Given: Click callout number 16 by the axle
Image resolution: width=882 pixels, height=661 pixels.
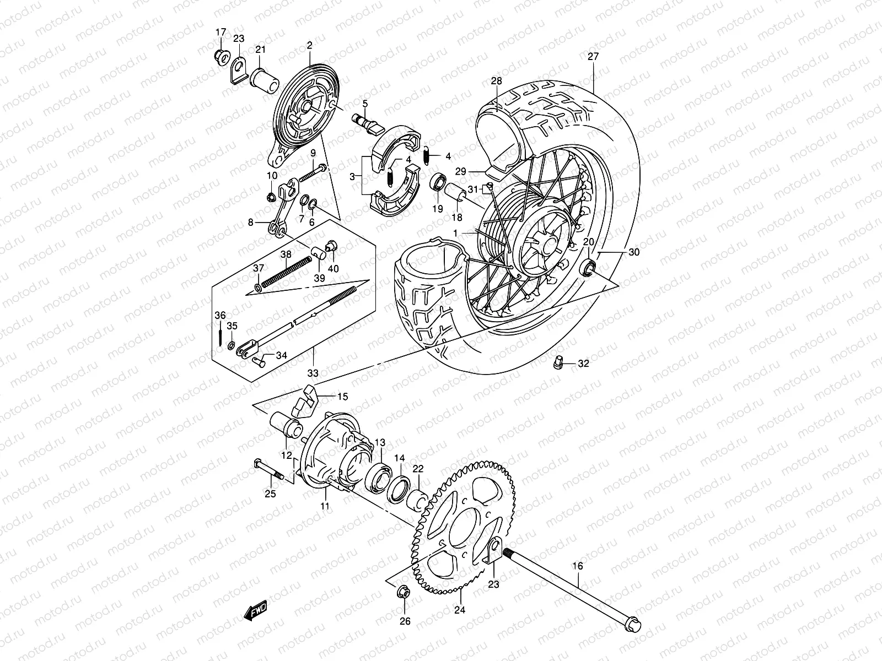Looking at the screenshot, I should [577, 566].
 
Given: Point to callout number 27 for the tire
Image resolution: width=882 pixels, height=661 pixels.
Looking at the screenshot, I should [593, 56].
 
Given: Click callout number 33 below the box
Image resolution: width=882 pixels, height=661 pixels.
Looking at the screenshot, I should [313, 373].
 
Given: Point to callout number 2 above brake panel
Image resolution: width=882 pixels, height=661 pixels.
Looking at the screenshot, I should [309, 45].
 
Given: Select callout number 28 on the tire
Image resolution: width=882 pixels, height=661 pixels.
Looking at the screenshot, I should [497, 81].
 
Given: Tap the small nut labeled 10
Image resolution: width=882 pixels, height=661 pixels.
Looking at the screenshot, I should [271, 197].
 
